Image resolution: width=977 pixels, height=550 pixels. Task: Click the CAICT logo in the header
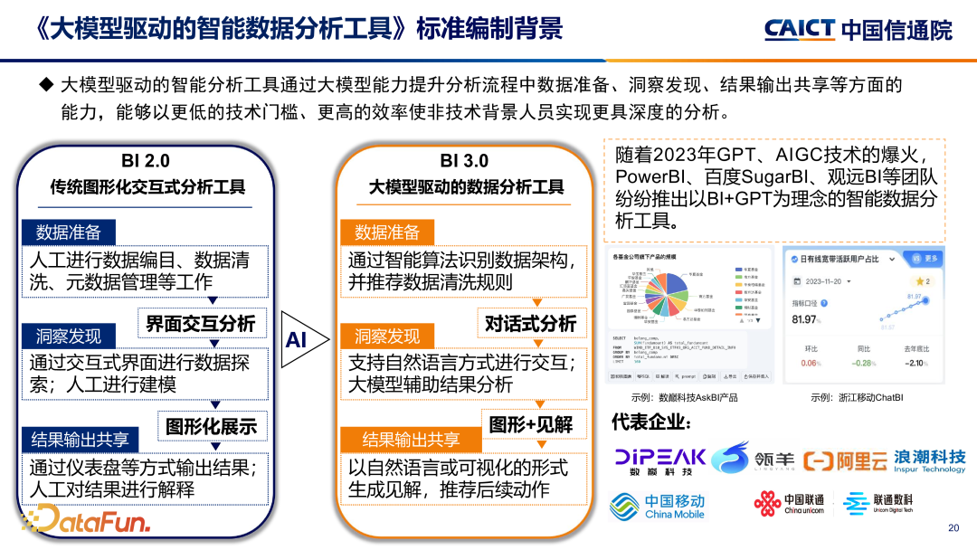click(x=858, y=29)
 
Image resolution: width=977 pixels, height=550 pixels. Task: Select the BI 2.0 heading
click(x=145, y=160)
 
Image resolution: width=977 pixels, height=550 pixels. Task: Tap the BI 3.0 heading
click(x=463, y=160)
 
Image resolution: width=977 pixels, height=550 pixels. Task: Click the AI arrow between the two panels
click(x=299, y=339)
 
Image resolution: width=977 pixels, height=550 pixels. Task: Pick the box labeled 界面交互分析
click(x=201, y=323)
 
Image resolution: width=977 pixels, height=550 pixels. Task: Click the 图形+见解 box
click(x=531, y=424)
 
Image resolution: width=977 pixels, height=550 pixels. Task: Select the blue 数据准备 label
click(x=69, y=232)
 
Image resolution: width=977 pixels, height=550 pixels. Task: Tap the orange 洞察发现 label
click(x=387, y=337)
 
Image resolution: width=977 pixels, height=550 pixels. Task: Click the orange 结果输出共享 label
click(x=411, y=440)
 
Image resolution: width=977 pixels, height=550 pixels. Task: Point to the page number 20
click(x=953, y=528)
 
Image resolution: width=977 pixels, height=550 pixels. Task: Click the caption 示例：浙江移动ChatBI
click(x=857, y=397)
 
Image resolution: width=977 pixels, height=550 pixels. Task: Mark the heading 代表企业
click(x=652, y=422)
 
